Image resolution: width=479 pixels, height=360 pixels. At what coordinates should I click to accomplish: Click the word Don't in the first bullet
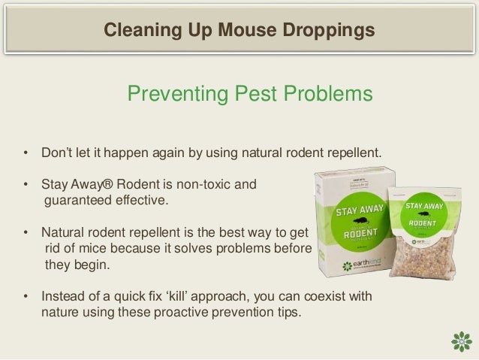(56, 154)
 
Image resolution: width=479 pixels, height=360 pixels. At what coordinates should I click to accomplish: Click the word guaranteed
(74, 201)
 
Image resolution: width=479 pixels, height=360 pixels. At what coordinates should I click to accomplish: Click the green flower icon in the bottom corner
(459, 340)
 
